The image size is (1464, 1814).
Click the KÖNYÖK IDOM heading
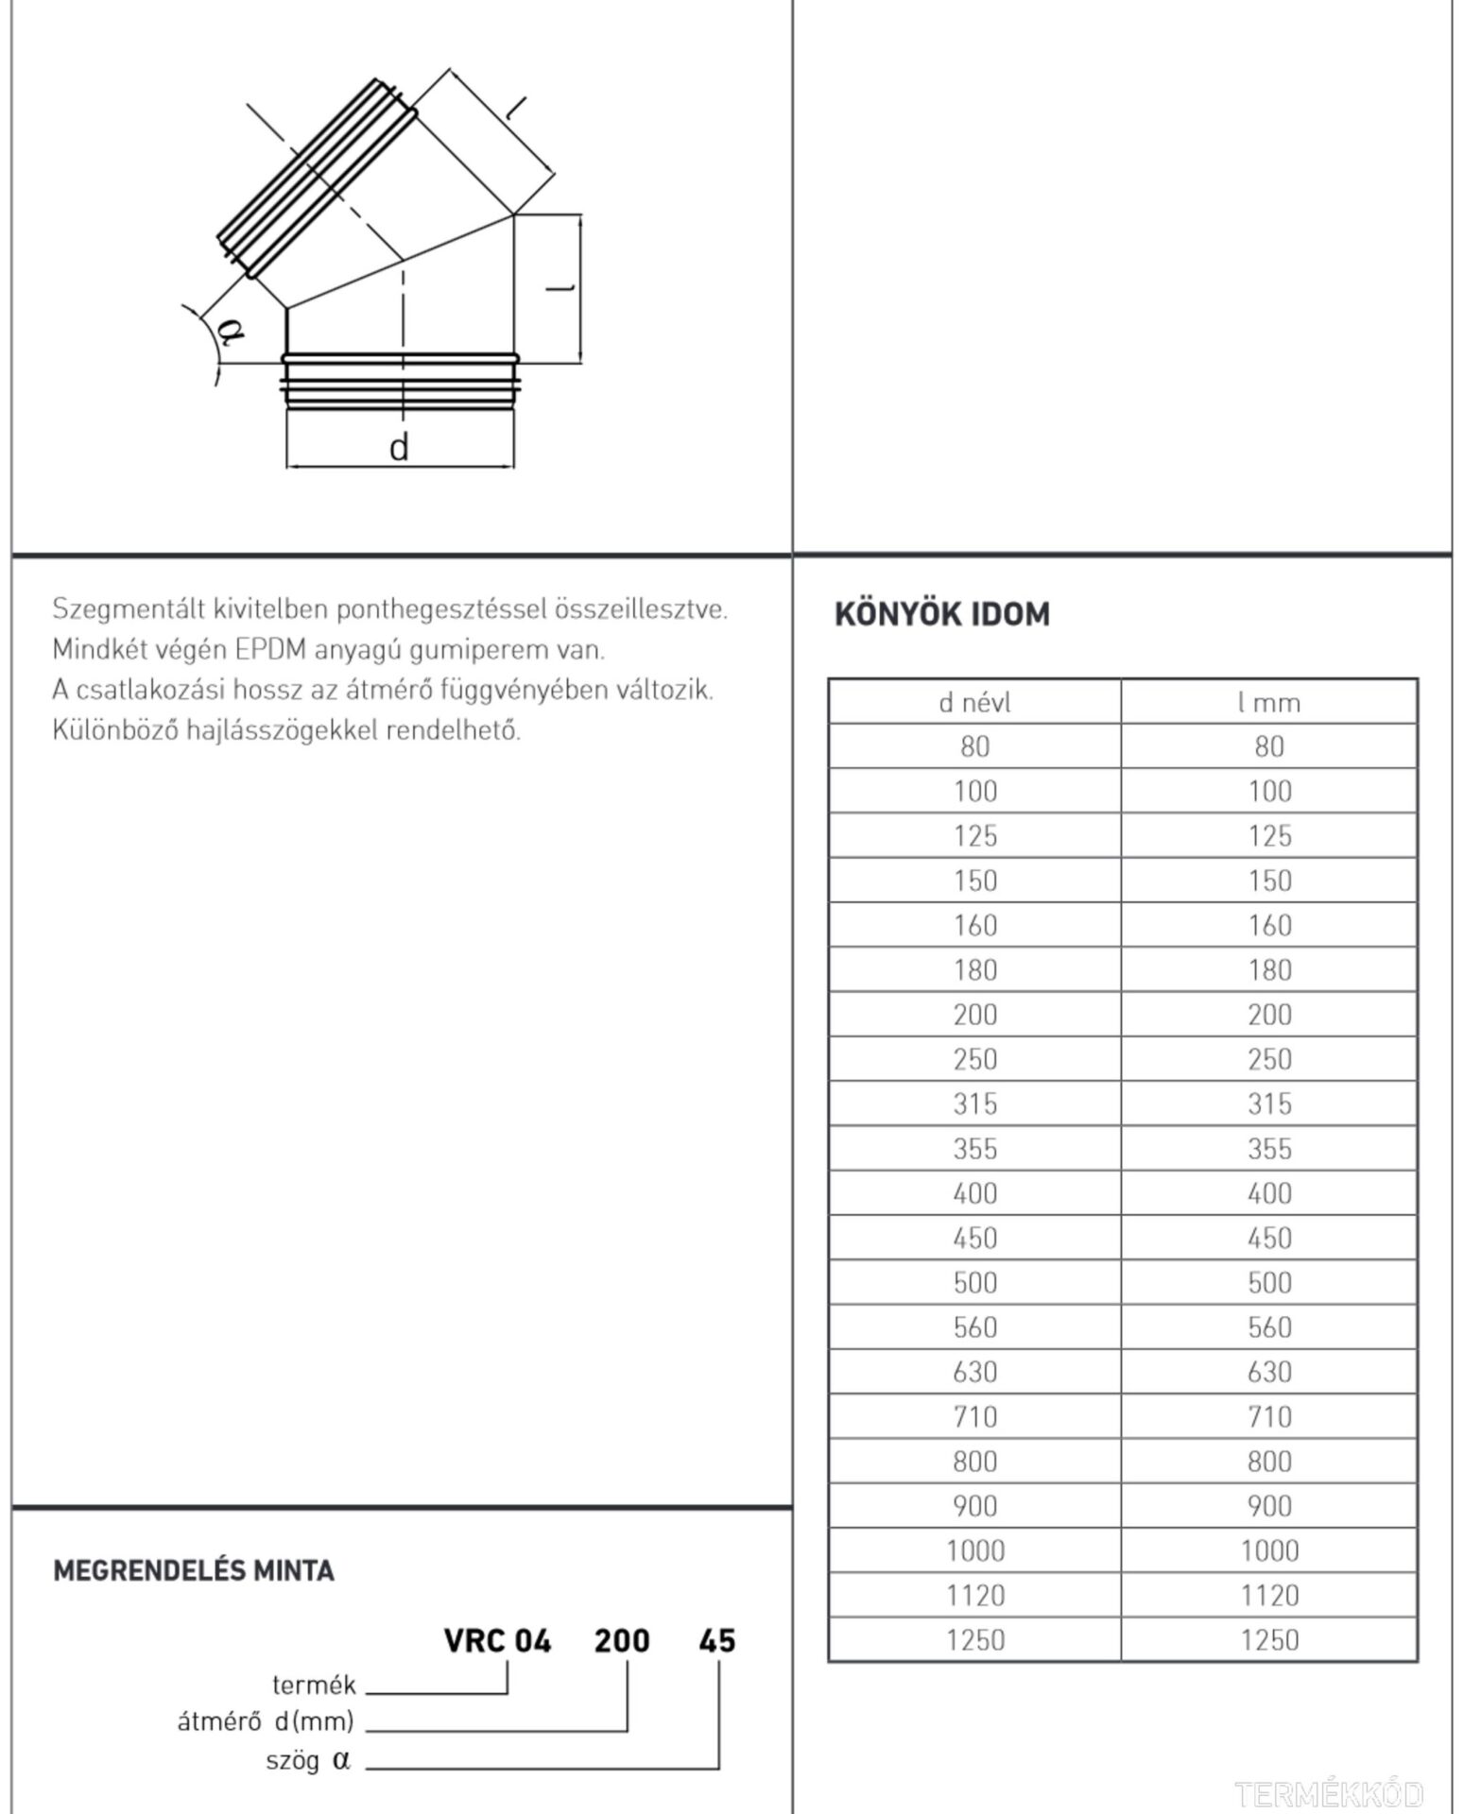click(941, 614)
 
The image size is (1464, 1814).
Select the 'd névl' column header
click(974, 702)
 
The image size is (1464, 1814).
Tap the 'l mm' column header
click(1268, 702)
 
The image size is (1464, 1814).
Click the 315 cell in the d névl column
click(974, 1104)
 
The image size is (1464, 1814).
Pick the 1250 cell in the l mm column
click(1268, 1639)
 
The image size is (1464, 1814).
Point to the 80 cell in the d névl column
click(974, 746)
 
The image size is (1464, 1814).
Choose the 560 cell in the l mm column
click(1268, 1326)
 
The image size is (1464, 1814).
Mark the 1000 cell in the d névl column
click(974, 1550)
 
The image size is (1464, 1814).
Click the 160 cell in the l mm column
click(1268, 925)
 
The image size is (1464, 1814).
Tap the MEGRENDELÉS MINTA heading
click(194, 1571)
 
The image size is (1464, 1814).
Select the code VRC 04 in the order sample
click(497, 1641)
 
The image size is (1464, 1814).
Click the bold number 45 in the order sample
click(716, 1641)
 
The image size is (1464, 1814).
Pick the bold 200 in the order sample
click(622, 1641)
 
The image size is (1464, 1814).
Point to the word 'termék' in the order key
click(314, 1685)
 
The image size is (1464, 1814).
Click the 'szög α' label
click(308, 1761)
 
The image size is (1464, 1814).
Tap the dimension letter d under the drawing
click(399, 447)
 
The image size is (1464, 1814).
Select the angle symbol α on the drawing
click(231, 331)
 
